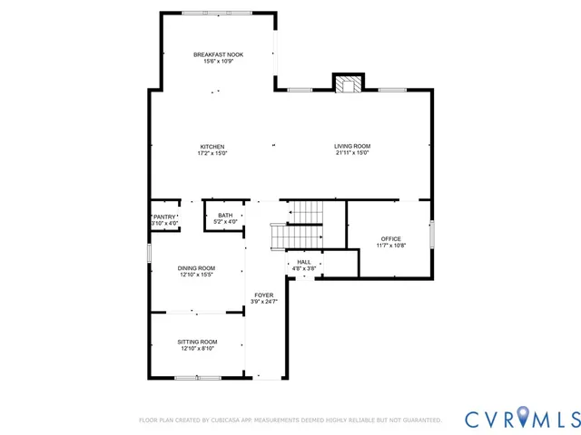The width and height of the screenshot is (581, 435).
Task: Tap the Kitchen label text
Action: click(x=212, y=147)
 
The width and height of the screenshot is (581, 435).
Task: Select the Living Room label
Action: click(x=352, y=146)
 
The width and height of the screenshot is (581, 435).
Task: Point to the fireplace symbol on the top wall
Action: click(x=346, y=84)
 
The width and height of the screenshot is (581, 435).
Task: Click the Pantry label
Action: click(x=164, y=217)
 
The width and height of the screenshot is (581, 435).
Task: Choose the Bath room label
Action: click(x=224, y=215)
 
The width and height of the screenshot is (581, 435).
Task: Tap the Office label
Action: click(x=390, y=239)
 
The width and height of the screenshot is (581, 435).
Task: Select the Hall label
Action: click(x=303, y=262)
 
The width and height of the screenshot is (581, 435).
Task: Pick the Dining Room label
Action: click(x=196, y=267)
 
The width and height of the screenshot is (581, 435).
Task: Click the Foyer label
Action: click(x=263, y=295)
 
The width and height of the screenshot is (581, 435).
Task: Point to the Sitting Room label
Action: click(x=196, y=342)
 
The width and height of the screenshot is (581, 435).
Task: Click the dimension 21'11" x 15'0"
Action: click(x=352, y=153)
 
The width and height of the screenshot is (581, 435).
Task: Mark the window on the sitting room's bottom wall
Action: click(x=197, y=378)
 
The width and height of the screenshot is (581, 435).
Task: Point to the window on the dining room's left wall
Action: click(x=150, y=251)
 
